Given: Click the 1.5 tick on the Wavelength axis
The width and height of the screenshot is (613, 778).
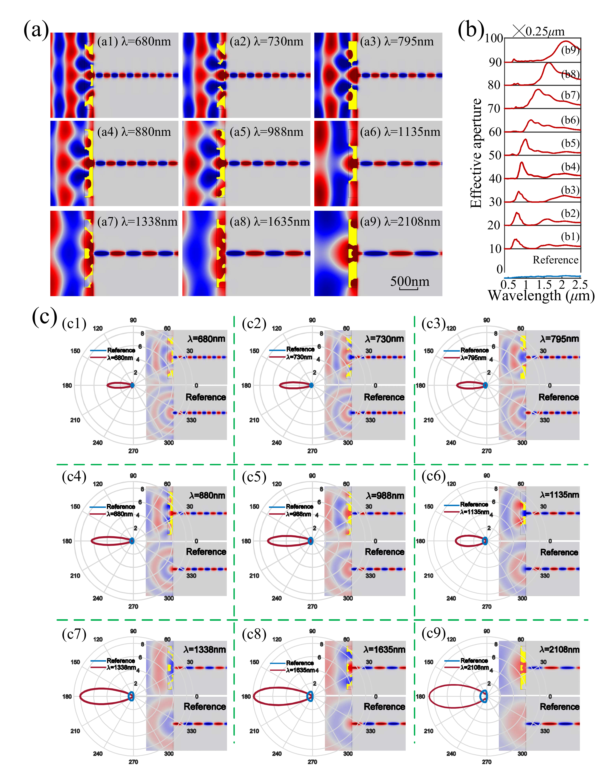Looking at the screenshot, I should pyautogui.click(x=544, y=285).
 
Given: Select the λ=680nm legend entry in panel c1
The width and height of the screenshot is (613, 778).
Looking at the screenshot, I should pyautogui.click(x=120, y=358).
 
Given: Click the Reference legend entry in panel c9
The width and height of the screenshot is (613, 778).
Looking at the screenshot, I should pyautogui.click(x=474, y=661).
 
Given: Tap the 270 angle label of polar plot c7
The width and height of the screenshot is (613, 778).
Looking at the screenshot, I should pyautogui.click(x=133, y=762).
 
